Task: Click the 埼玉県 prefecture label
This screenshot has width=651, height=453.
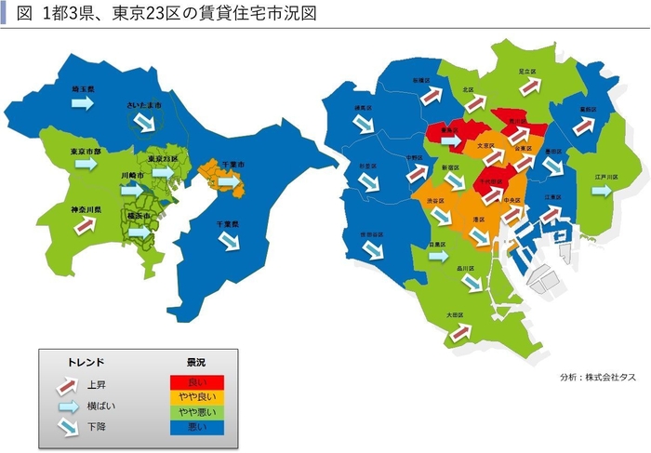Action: point(84,88)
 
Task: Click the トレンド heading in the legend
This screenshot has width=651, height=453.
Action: point(86,362)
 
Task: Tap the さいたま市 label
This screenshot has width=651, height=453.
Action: point(144,105)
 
